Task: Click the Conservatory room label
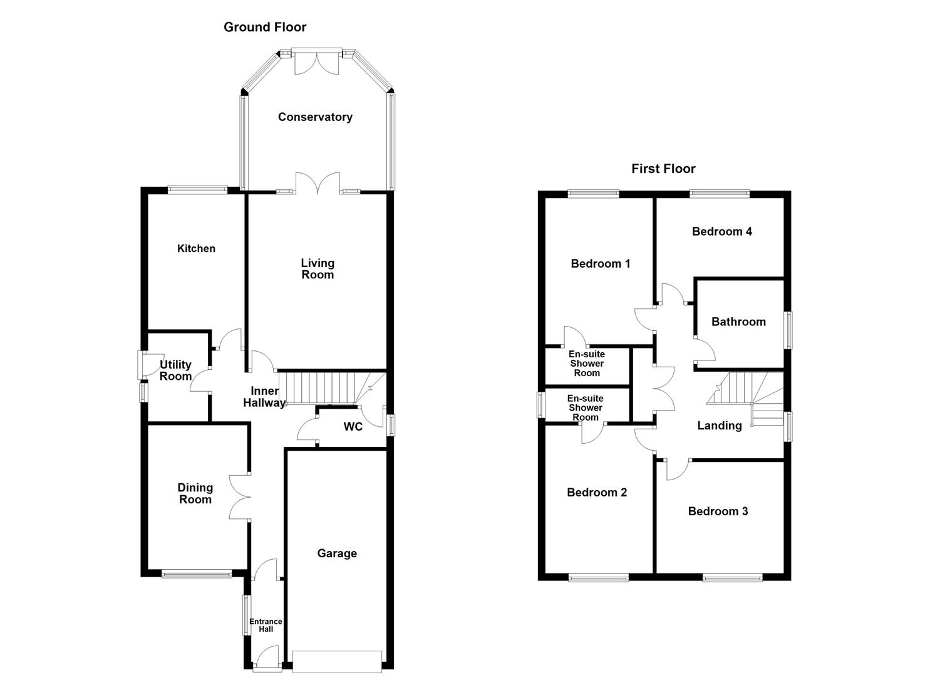point(315,117)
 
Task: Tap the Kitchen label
point(196,249)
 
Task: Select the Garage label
point(337,554)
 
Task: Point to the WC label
point(353,427)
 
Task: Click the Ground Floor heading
point(265,27)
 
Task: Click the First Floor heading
point(663,169)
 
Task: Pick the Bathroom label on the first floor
point(738,322)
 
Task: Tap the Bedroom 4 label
point(721,231)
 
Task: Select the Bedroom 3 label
point(718,512)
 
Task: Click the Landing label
point(720,426)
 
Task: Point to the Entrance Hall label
point(266,625)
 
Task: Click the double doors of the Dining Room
point(240,497)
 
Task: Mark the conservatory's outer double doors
point(318,61)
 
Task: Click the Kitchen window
point(197,189)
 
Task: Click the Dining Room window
point(197,573)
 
